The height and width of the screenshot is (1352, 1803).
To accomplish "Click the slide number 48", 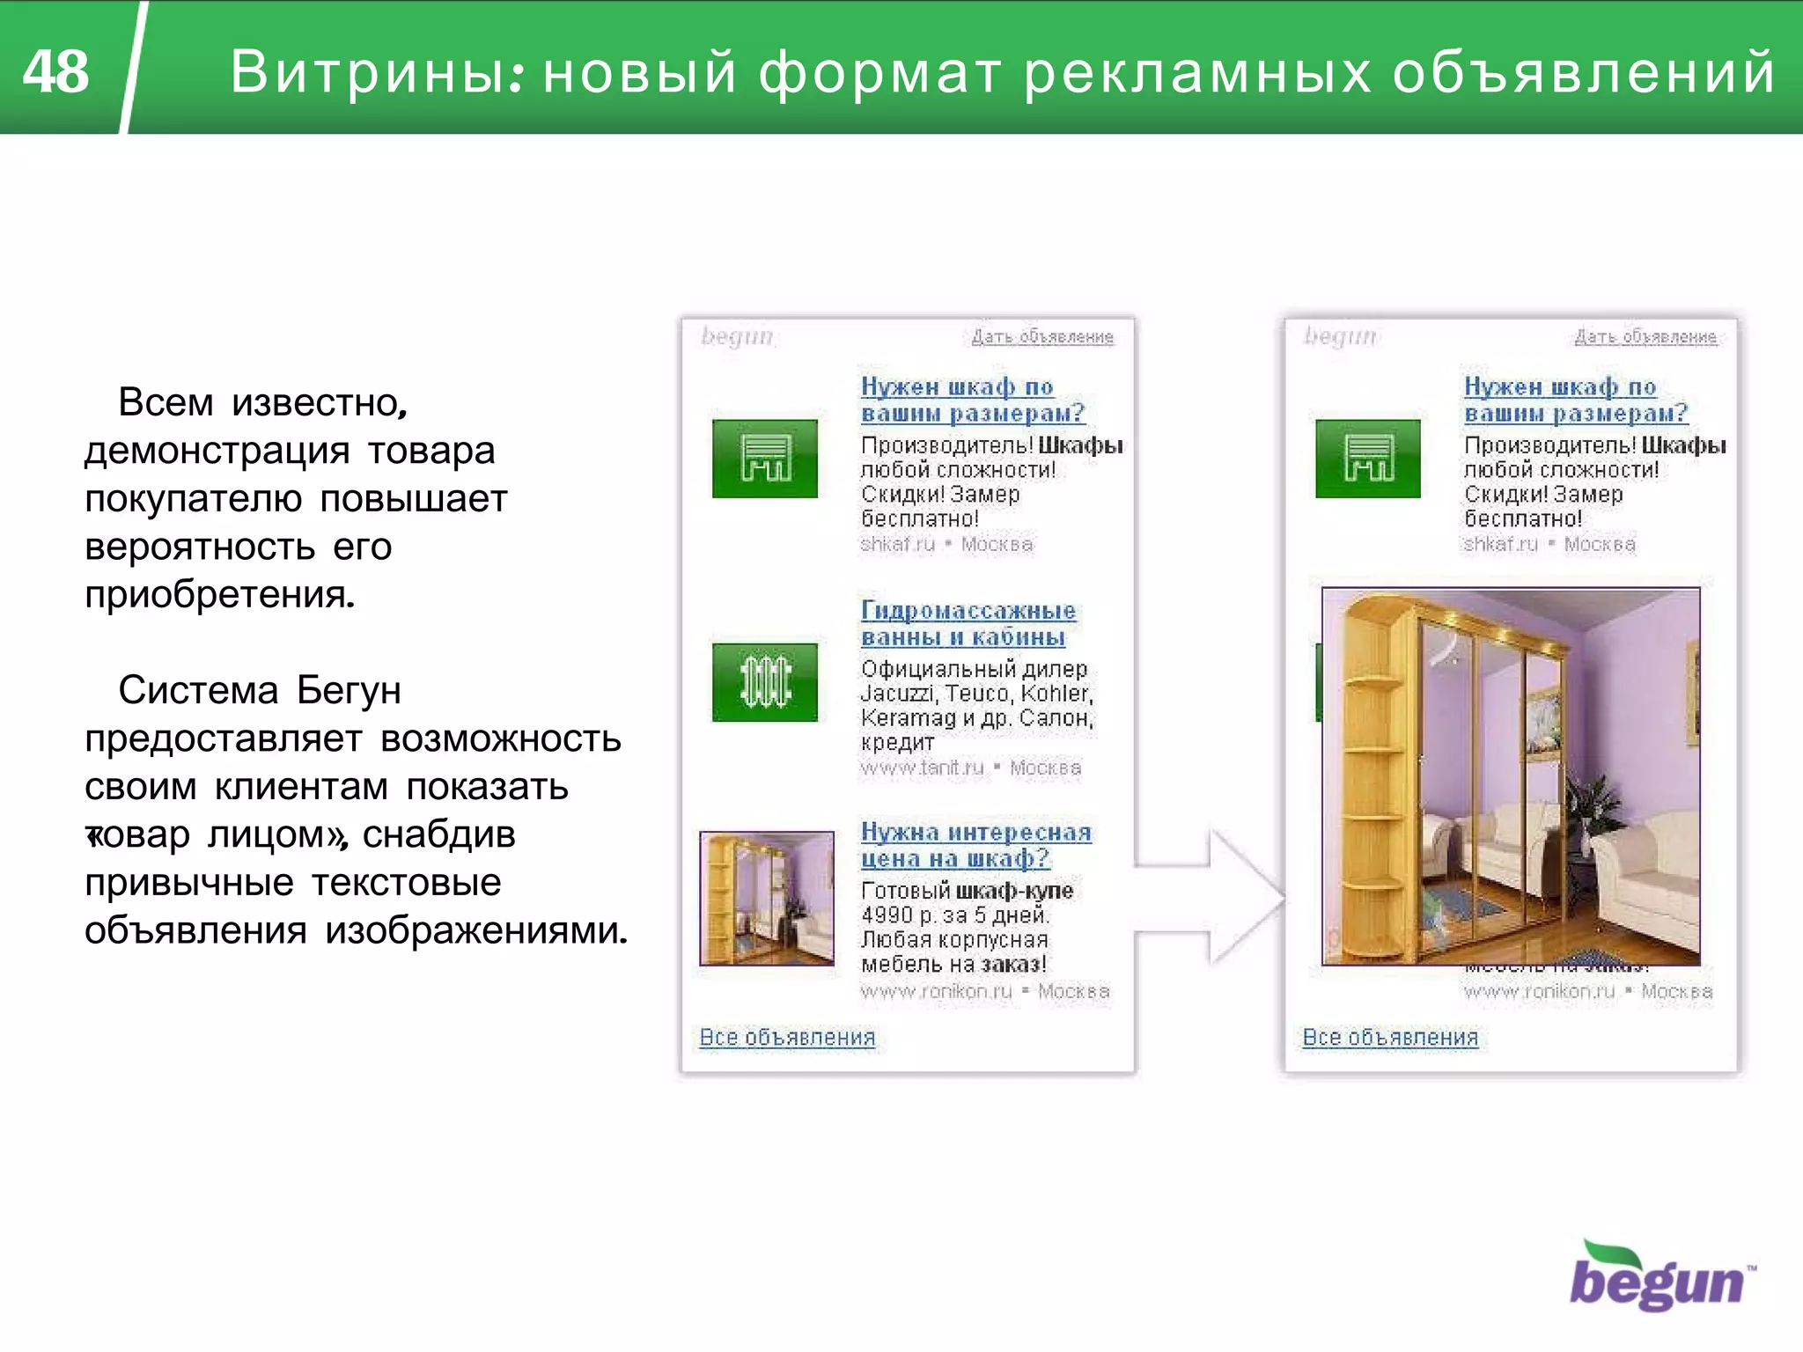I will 55,71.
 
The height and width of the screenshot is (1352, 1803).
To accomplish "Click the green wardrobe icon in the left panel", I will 764,459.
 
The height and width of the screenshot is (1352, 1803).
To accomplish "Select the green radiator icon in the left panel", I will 764,682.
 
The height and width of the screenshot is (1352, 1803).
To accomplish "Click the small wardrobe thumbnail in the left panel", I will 766,898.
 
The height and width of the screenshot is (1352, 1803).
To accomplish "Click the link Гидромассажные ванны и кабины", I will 967,623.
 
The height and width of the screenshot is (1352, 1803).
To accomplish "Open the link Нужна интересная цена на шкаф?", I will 975,845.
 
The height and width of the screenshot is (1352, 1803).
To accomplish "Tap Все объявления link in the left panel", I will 787,1037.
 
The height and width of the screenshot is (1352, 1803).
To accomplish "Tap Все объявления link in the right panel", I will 1390,1037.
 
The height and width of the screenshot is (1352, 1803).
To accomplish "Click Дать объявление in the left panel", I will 1042,337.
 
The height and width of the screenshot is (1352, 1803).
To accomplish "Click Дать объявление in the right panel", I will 1645,337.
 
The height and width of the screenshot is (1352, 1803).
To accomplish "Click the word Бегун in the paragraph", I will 349,691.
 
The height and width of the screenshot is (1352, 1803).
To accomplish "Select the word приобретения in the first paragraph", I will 219,595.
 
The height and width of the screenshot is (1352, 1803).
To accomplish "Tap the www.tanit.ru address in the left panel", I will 922,768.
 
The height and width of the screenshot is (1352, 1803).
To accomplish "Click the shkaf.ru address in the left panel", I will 897,544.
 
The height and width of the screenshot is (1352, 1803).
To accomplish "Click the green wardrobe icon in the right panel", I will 1367,459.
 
